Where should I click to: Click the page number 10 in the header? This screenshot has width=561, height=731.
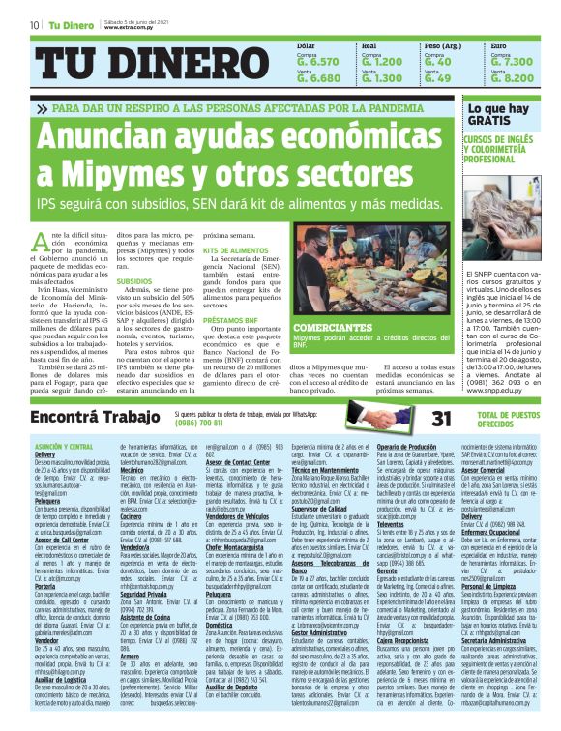tap(35, 24)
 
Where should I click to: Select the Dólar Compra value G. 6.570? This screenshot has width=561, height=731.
tap(318, 61)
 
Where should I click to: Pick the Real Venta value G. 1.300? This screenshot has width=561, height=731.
tap(381, 77)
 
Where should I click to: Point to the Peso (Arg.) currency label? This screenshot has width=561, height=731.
tap(442, 45)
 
